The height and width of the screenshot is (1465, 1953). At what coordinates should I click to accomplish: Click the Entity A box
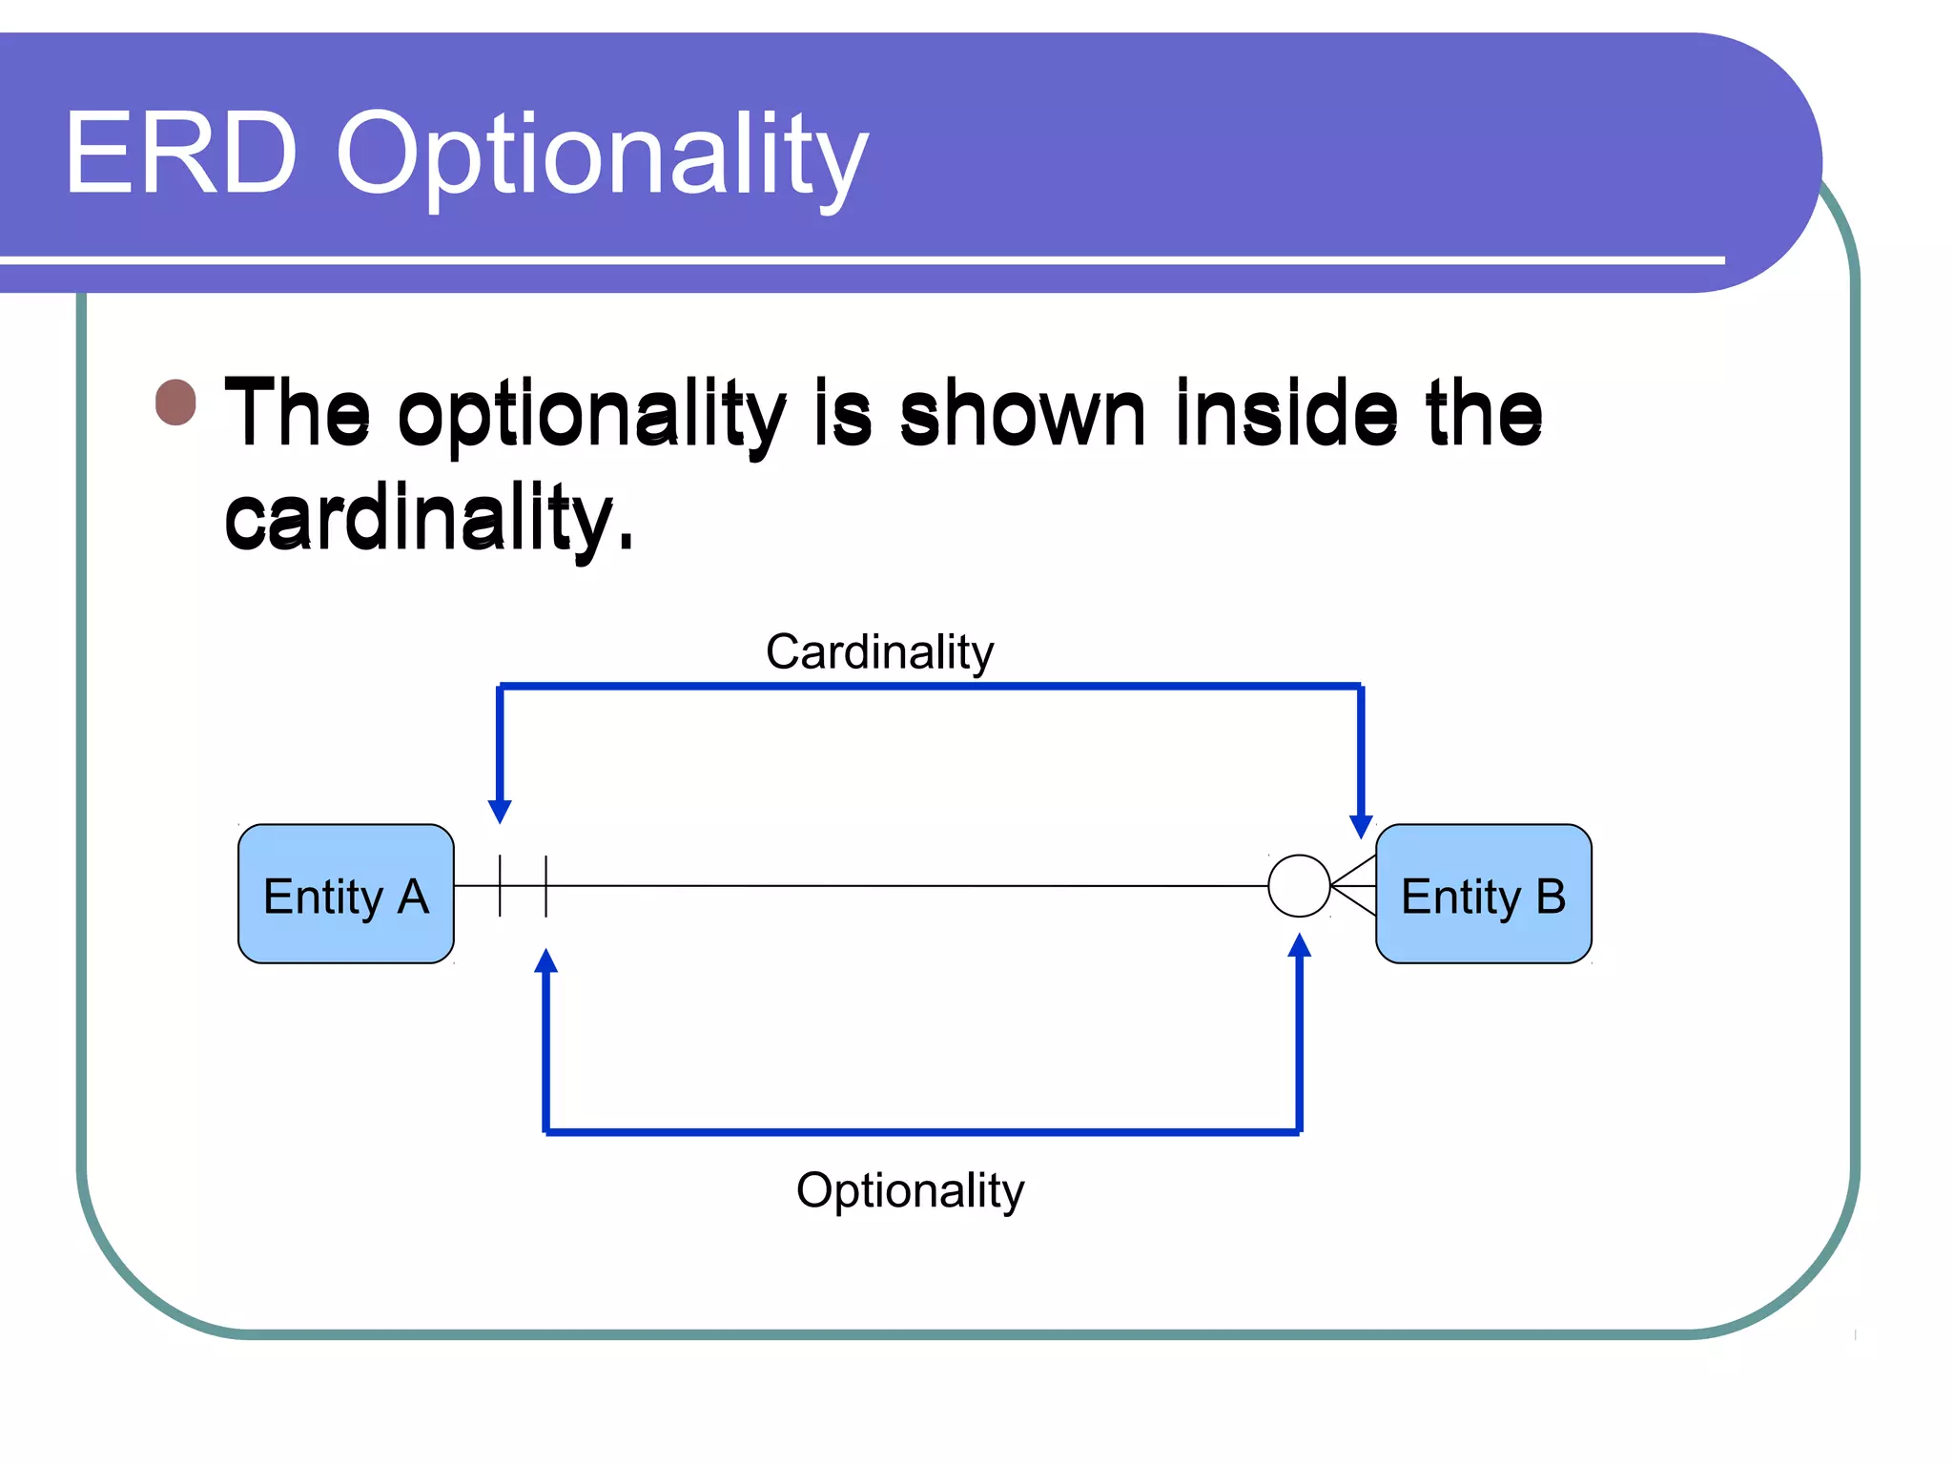click(345, 894)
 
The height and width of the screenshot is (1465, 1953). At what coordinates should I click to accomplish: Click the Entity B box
click(1483, 894)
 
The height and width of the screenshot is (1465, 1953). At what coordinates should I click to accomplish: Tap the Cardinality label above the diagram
click(879, 652)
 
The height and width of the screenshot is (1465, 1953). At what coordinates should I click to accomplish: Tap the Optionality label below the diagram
click(910, 1190)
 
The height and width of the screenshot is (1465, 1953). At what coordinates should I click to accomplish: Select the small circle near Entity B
click(1299, 886)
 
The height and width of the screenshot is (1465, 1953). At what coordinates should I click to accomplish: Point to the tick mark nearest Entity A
click(500, 886)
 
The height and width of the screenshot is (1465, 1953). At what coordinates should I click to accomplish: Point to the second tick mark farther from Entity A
click(546, 886)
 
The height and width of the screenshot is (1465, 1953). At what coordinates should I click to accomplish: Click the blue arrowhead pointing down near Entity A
click(500, 811)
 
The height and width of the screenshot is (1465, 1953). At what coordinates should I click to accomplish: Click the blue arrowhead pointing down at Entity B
click(1361, 826)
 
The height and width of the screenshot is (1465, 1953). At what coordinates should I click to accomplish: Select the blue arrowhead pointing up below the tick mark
click(545, 960)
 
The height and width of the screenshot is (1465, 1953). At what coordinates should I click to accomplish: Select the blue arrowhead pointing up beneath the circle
click(1299, 946)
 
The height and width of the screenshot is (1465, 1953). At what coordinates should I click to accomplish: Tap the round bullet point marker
click(176, 402)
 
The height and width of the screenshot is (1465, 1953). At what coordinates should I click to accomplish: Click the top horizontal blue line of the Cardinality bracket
click(930, 686)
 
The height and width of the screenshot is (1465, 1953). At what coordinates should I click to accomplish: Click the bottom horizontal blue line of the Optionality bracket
click(922, 1131)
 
